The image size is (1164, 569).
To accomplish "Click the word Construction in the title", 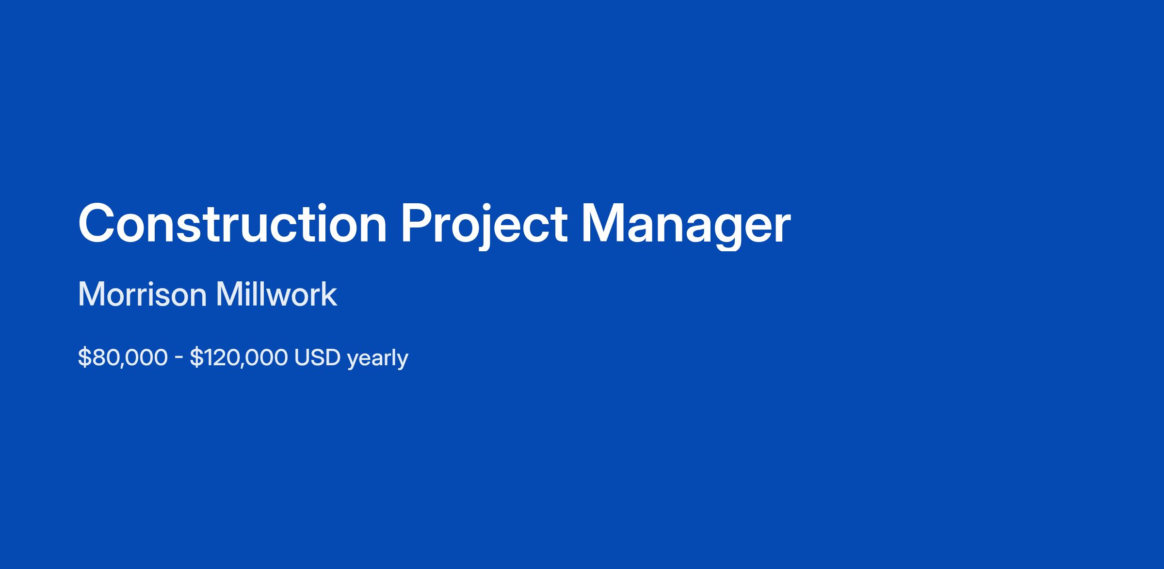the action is click(232, 224).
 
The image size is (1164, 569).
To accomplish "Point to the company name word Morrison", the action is click(142, 294).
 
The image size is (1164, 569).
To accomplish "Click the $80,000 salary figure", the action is click(123, 358).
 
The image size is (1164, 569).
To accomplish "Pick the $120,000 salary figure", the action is click(239, 358).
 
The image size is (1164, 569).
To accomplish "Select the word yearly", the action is click(378, 359).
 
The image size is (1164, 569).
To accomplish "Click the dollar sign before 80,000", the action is click(84, 358).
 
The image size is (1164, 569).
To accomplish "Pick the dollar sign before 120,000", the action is click(196, 358).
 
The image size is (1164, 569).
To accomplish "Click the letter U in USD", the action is click(302, 358).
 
